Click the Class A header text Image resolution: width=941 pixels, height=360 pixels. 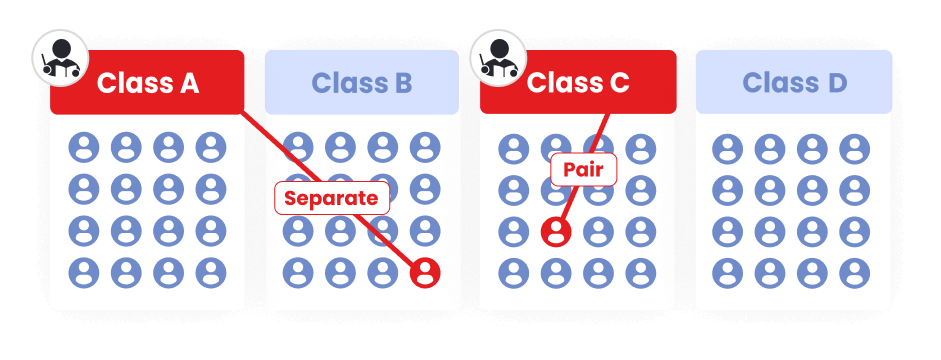click(x=148, y=83)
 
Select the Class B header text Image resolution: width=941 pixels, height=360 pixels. click(x=362, y=83)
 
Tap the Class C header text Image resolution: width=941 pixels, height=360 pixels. click(x=578, y=83)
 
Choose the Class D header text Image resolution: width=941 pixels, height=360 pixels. click(x=794, y=83)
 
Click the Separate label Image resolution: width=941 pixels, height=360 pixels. click(x=332, y=198)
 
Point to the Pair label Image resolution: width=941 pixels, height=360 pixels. click(x=584, y=169)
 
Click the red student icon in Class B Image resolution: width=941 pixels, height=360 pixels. click(x=426, y=272)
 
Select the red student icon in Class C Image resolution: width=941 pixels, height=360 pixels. click(x=556, y=231)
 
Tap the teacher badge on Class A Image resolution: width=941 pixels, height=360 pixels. click(x=57, y=58)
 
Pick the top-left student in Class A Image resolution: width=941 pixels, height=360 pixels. click(x=84, y=148)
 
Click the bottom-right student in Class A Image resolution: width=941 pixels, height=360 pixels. click(x=211, y=272)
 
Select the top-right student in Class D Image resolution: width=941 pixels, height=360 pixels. click(x=855, y=148)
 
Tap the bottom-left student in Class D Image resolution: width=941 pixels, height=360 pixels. click(x=728, y=272)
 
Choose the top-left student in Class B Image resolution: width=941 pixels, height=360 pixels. click(x=298, y=148)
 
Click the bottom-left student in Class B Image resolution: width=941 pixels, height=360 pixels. click(x=298, y=272)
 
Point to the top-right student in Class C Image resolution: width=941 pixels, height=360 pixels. click(x=640, y=148)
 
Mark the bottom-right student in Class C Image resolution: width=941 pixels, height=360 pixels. click(x=640, y=272)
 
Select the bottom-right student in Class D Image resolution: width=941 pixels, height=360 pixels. click(x=855, y=272)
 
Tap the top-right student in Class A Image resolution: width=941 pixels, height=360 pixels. click(x=211, y=148)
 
